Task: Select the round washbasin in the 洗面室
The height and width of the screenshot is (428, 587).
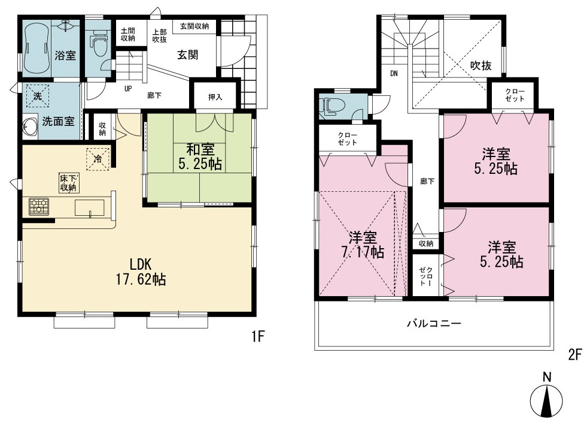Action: pos(29,126)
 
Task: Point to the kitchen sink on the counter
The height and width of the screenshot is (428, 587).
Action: pos(90,207)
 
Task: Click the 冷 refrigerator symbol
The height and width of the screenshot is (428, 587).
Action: pos(98,159)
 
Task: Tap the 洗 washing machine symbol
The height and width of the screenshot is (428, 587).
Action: pos(38,96)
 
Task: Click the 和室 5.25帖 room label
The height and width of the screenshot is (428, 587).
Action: pos(200,157)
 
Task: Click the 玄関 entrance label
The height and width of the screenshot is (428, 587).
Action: pos(187,55)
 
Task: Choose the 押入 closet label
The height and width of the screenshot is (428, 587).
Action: pos(215,97)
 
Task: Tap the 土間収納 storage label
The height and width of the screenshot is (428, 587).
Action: pos(128,35)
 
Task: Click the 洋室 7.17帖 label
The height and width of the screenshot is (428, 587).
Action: pos(363,245)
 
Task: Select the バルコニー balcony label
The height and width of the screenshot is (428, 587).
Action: pos(434,323)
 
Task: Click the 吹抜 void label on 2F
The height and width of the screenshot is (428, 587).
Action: pos(481,66)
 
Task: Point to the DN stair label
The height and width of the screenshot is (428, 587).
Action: pos(394,74)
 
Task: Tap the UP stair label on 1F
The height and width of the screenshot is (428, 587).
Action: pos(128,89)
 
